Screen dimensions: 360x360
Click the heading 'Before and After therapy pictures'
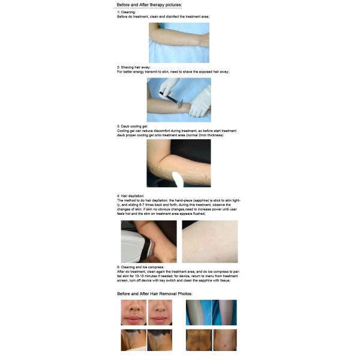[149, 5]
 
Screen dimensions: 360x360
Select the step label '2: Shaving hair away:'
[133, 67]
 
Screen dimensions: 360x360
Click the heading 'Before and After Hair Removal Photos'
[154, 293]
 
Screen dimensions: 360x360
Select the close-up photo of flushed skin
[209, 241]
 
